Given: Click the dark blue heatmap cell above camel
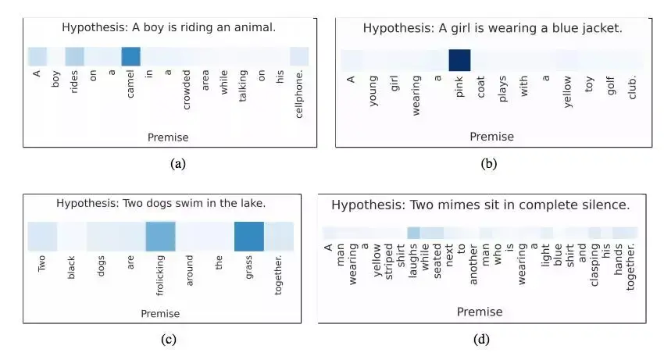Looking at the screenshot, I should (130, 56).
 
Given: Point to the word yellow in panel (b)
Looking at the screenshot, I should (568, 91).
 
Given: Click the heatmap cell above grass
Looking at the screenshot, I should (249, 237).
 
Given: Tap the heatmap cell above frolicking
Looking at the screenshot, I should (160, 237).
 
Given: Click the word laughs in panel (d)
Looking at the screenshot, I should (413, 262).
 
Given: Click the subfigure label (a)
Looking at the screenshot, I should (177, 163).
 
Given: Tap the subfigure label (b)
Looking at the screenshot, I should (490, 163).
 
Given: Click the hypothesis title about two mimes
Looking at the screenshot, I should (480, 205).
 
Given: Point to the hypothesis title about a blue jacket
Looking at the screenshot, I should (492, 28).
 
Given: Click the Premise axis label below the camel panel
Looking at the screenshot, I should (168, 137).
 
